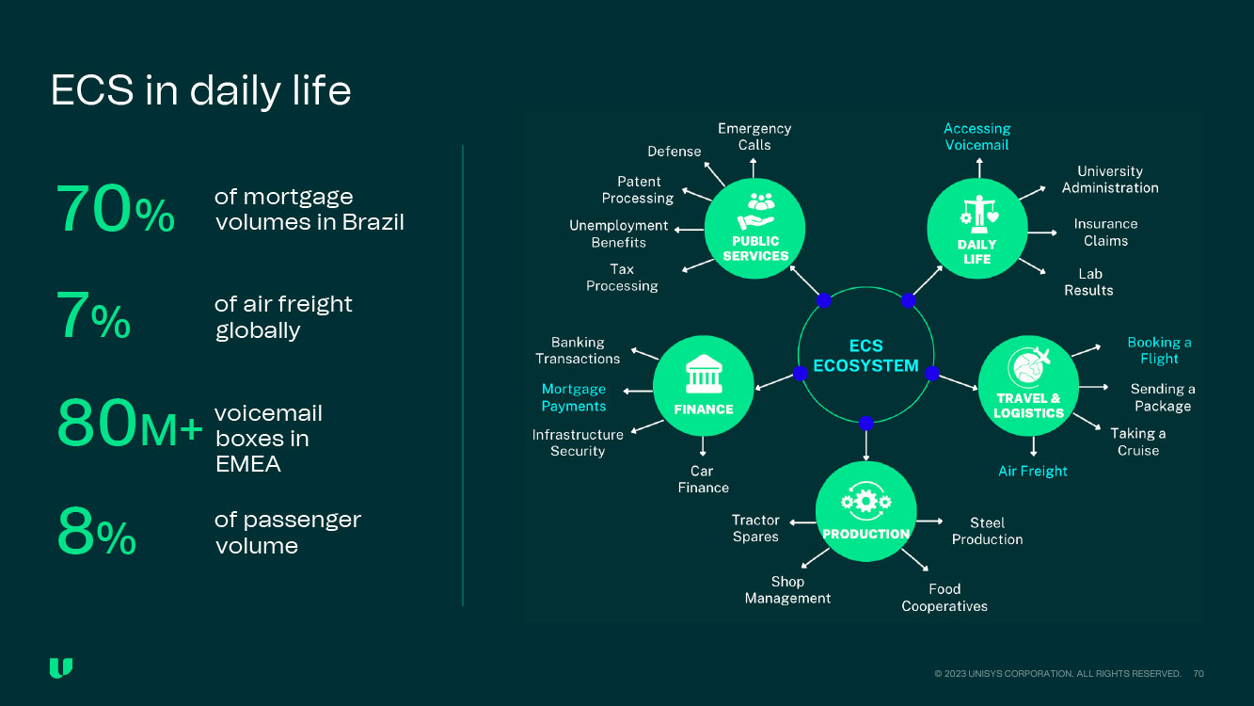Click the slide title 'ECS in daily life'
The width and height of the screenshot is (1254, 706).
point(200,91)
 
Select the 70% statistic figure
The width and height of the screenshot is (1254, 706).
point(115,210)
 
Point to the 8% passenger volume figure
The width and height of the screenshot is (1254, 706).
point(96,533)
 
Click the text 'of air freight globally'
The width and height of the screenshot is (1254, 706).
point(283,317)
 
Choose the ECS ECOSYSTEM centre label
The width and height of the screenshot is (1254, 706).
point(865,356)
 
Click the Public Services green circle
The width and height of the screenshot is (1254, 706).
point(755,228)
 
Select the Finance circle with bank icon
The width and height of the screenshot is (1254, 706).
point(703,387)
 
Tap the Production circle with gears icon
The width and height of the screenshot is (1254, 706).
point(865,512)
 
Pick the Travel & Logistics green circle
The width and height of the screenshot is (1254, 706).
point(1028,387)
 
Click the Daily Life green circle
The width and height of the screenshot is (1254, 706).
point(976,228)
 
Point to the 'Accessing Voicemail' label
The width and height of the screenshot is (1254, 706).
point(976,136)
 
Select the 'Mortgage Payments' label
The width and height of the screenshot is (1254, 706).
point(574,397)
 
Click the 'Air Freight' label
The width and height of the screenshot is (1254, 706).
point(1032,471)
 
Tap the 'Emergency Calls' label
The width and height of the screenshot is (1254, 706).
point(754,136)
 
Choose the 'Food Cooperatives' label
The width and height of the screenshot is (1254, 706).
point(944,598)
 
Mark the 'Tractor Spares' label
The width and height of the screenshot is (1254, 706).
point(755,528)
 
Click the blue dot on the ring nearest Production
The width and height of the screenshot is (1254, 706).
point(865,424)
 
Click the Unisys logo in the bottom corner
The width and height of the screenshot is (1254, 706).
point(61,668)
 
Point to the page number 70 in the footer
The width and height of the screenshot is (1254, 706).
point(1198,674)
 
